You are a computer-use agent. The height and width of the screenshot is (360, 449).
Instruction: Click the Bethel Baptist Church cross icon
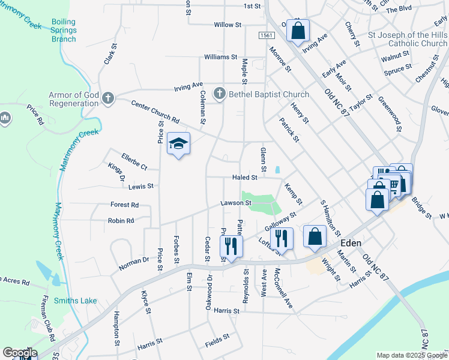pyautogui.click(x=220, y=94)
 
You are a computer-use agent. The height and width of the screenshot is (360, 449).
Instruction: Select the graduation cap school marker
pyautogui.click(x=178, y=144)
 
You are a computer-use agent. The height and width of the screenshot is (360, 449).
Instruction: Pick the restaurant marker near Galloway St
pyautogui.click(x=281, y=238)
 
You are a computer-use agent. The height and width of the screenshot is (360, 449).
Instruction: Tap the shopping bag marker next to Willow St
pyautogui.click(x=298, y=30)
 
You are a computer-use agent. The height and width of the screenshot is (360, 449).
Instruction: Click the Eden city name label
pyautogui.click(x=351, y=243)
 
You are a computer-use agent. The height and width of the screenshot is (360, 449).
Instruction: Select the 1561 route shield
pyautogui.click(x=267, y=37)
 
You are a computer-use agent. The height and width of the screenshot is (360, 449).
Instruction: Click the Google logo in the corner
pyautogui.click(x=20, y=353)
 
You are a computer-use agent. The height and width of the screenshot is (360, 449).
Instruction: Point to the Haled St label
pyautogui.click(x=245, y=178)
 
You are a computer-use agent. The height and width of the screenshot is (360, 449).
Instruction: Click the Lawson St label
pyautogui.click(x=234, y=203)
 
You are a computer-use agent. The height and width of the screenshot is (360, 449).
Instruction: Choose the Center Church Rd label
pyautogui.click(x=155, y=111)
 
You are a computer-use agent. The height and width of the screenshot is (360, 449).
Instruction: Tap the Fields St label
pyautogui.click(x=217, y=337)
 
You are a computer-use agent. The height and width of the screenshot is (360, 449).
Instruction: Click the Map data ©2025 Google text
pyautogui.click(x=412, y=355)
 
